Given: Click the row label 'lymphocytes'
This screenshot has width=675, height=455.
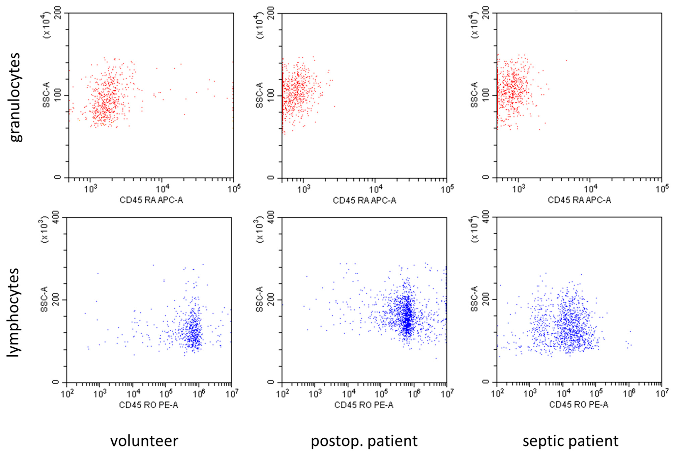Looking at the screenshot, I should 13,312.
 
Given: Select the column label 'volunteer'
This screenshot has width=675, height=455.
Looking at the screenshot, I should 144,441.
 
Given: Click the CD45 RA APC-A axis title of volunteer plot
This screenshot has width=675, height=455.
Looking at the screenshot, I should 151,200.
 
